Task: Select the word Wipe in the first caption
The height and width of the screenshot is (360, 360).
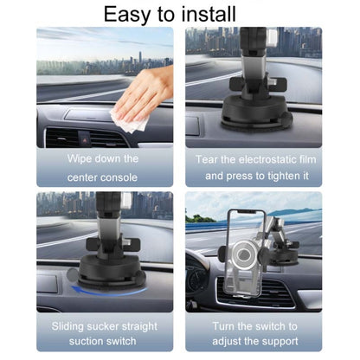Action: (x=81, y=158)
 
